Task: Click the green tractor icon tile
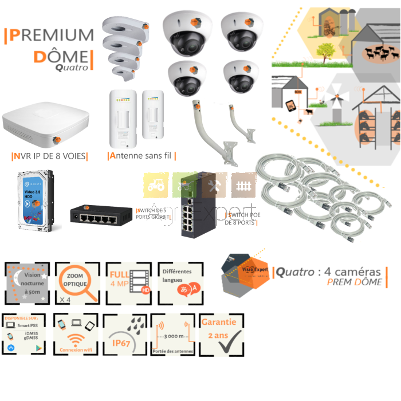click(155, 184)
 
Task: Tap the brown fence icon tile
click(243, 184)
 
